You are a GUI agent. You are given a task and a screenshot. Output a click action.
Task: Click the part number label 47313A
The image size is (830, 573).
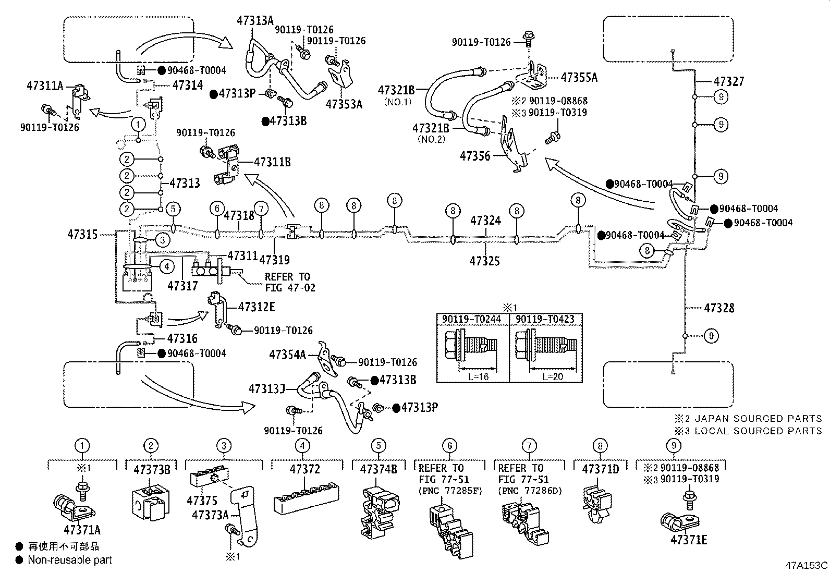(x=255, y=20)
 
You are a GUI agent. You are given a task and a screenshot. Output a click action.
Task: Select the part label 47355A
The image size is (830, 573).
(x=579, y=78)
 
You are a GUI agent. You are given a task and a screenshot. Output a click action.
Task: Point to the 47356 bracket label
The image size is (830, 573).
(x=475, y=156)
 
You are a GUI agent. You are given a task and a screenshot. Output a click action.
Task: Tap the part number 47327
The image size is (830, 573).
(x=729, y=81)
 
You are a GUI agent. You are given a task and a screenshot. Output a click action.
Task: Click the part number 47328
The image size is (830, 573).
(x=719, y=308)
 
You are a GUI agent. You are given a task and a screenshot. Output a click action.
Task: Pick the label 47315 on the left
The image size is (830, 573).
(x=82, y=234)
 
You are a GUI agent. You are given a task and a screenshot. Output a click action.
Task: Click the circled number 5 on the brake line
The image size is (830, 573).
(x=173, y=209)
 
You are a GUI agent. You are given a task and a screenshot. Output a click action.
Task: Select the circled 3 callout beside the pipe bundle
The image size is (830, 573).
(x=163, y=240)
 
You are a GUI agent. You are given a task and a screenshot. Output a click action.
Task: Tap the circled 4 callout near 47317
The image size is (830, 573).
(x=167, y=266)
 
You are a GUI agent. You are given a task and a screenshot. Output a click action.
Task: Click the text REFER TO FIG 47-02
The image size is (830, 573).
(x=290, y=282)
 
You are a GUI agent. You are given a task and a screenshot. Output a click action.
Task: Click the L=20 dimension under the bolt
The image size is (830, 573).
(x=553, y=376)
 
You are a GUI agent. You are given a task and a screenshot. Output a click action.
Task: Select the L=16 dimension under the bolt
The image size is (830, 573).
(x=479, y=376)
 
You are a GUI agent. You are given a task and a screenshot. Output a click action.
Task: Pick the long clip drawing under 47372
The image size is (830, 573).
(x=306, y=498)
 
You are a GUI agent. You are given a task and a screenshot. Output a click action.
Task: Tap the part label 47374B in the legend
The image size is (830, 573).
(x=379, y=469)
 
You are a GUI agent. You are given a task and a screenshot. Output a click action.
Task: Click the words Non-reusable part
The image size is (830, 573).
(x=70, y=559)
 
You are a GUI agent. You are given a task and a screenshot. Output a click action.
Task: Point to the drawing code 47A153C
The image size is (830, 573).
(x=807, y=566)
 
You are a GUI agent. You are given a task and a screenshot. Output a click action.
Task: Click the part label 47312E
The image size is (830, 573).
(x=257, y=307)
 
